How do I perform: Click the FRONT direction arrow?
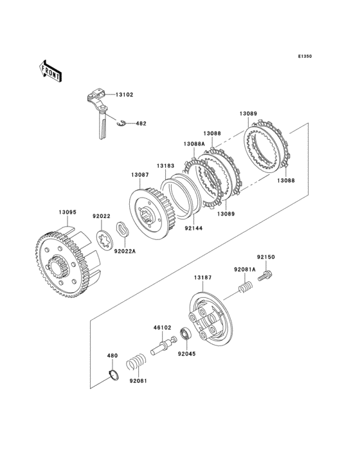(50, 71)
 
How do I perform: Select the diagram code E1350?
(305, 56)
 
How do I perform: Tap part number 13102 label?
(124, 95)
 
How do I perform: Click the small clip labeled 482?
(122, 123)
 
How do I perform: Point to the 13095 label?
(67, 212)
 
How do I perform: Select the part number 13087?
(139, 174)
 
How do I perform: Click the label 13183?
(166, 166)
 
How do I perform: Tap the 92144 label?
(194, 228)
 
